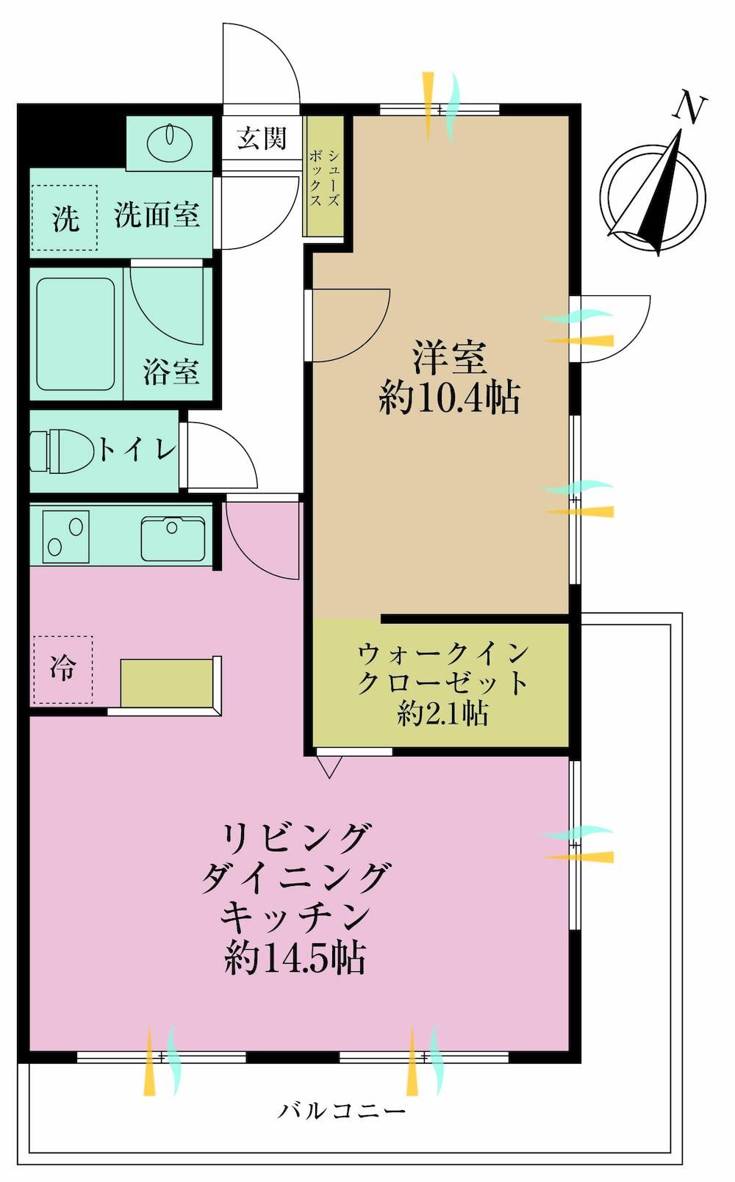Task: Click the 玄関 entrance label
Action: point(262,138)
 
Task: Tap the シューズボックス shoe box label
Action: point(324,178)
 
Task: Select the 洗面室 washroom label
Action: point(157,215)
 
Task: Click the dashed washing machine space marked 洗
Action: point(65,217)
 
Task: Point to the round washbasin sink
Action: point(169,141)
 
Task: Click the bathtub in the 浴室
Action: point(76,334)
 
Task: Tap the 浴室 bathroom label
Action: point(171,372)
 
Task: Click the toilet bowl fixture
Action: point(61,451)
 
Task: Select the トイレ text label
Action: point(137,450)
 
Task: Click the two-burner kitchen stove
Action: point(65,537)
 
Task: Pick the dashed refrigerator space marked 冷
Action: point(62,670)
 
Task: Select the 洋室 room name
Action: point(449,358)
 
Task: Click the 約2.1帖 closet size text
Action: point(442,714)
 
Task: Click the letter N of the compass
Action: point(689,107)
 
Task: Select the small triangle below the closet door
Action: point(329,767)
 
